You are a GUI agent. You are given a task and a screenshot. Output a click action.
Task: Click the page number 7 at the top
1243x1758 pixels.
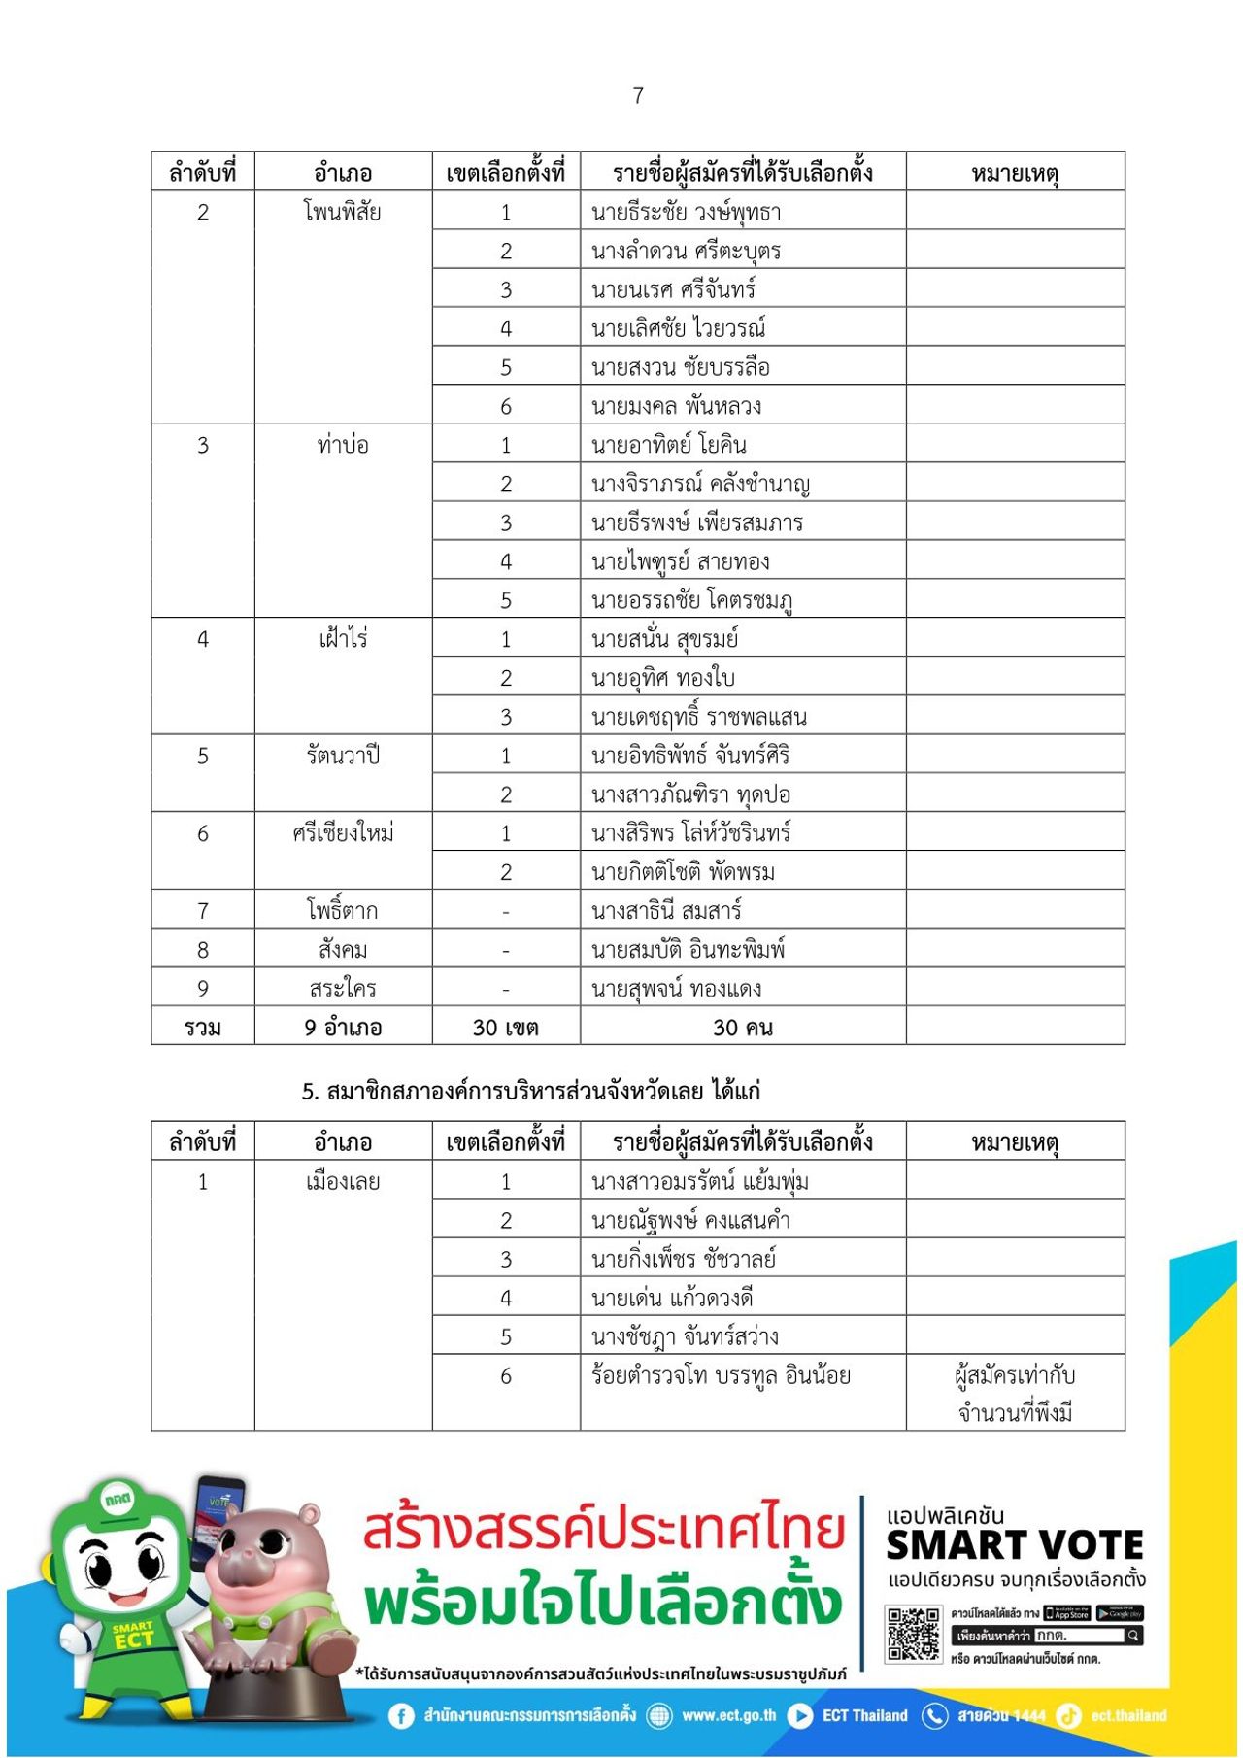[x=638, y=95]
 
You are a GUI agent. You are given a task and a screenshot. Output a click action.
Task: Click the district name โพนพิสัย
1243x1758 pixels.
[x=342, y=212]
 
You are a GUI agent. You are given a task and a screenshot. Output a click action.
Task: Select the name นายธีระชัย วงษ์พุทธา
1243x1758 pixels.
[x=686, y=212]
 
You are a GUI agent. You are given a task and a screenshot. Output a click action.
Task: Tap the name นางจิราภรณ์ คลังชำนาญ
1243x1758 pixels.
[x=700, y=484]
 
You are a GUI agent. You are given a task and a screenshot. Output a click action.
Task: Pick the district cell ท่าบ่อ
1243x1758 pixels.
[x=342, y=445]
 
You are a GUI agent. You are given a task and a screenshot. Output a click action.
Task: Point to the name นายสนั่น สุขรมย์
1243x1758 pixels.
[x=665, y=639]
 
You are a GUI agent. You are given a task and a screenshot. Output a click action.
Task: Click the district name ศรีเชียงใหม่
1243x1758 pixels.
[x=342, y=833]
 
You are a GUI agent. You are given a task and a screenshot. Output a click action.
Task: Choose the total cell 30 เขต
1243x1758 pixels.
[x=505, y=1027]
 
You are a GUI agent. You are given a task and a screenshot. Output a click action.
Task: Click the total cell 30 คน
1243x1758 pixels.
[x=742, y=1027]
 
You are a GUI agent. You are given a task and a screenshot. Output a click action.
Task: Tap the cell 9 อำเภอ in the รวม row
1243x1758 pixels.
[x=342, y=1027]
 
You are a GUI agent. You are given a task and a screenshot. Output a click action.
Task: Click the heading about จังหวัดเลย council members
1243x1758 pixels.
[x=530, y=1091]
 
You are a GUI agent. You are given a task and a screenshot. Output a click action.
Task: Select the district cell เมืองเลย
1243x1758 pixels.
[x=342, y=1182]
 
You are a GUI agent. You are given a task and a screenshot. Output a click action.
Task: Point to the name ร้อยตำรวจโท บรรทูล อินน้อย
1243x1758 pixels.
[x=721, y=1375]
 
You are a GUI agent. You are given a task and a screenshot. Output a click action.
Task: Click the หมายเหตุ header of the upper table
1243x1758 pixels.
[x=1015, y=173]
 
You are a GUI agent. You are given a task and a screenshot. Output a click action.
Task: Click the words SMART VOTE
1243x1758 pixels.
[x=1015, y=1545]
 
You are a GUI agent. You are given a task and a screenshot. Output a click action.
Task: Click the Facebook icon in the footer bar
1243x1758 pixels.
[x=401, y=1716]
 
